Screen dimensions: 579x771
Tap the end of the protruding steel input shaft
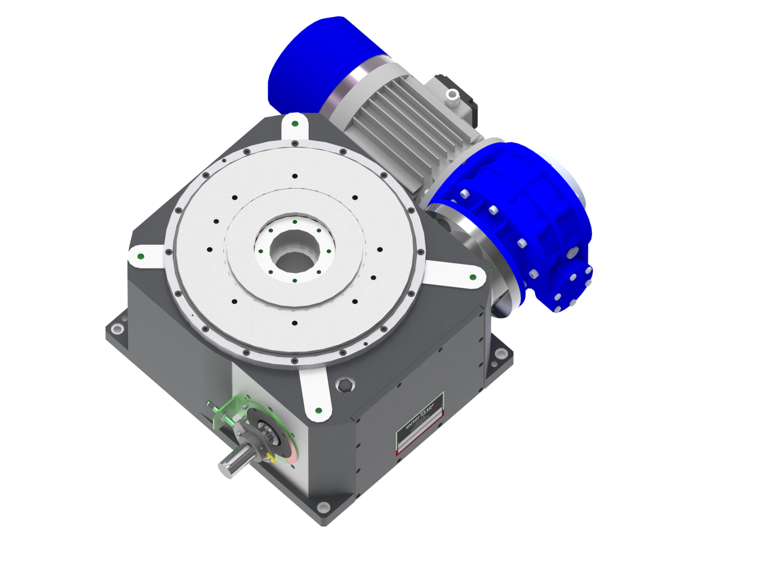pos(224,467)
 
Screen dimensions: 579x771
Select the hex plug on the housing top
pos(344,385)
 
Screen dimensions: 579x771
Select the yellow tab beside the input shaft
pos(272,457)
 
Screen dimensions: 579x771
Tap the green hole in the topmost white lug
pos(295,124)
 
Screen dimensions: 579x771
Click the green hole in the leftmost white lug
pos(141,256)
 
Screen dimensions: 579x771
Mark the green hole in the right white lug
pos(472,277)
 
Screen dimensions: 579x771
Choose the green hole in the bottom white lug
pos(318,411)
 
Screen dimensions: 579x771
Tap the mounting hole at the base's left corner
pos(117,329)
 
